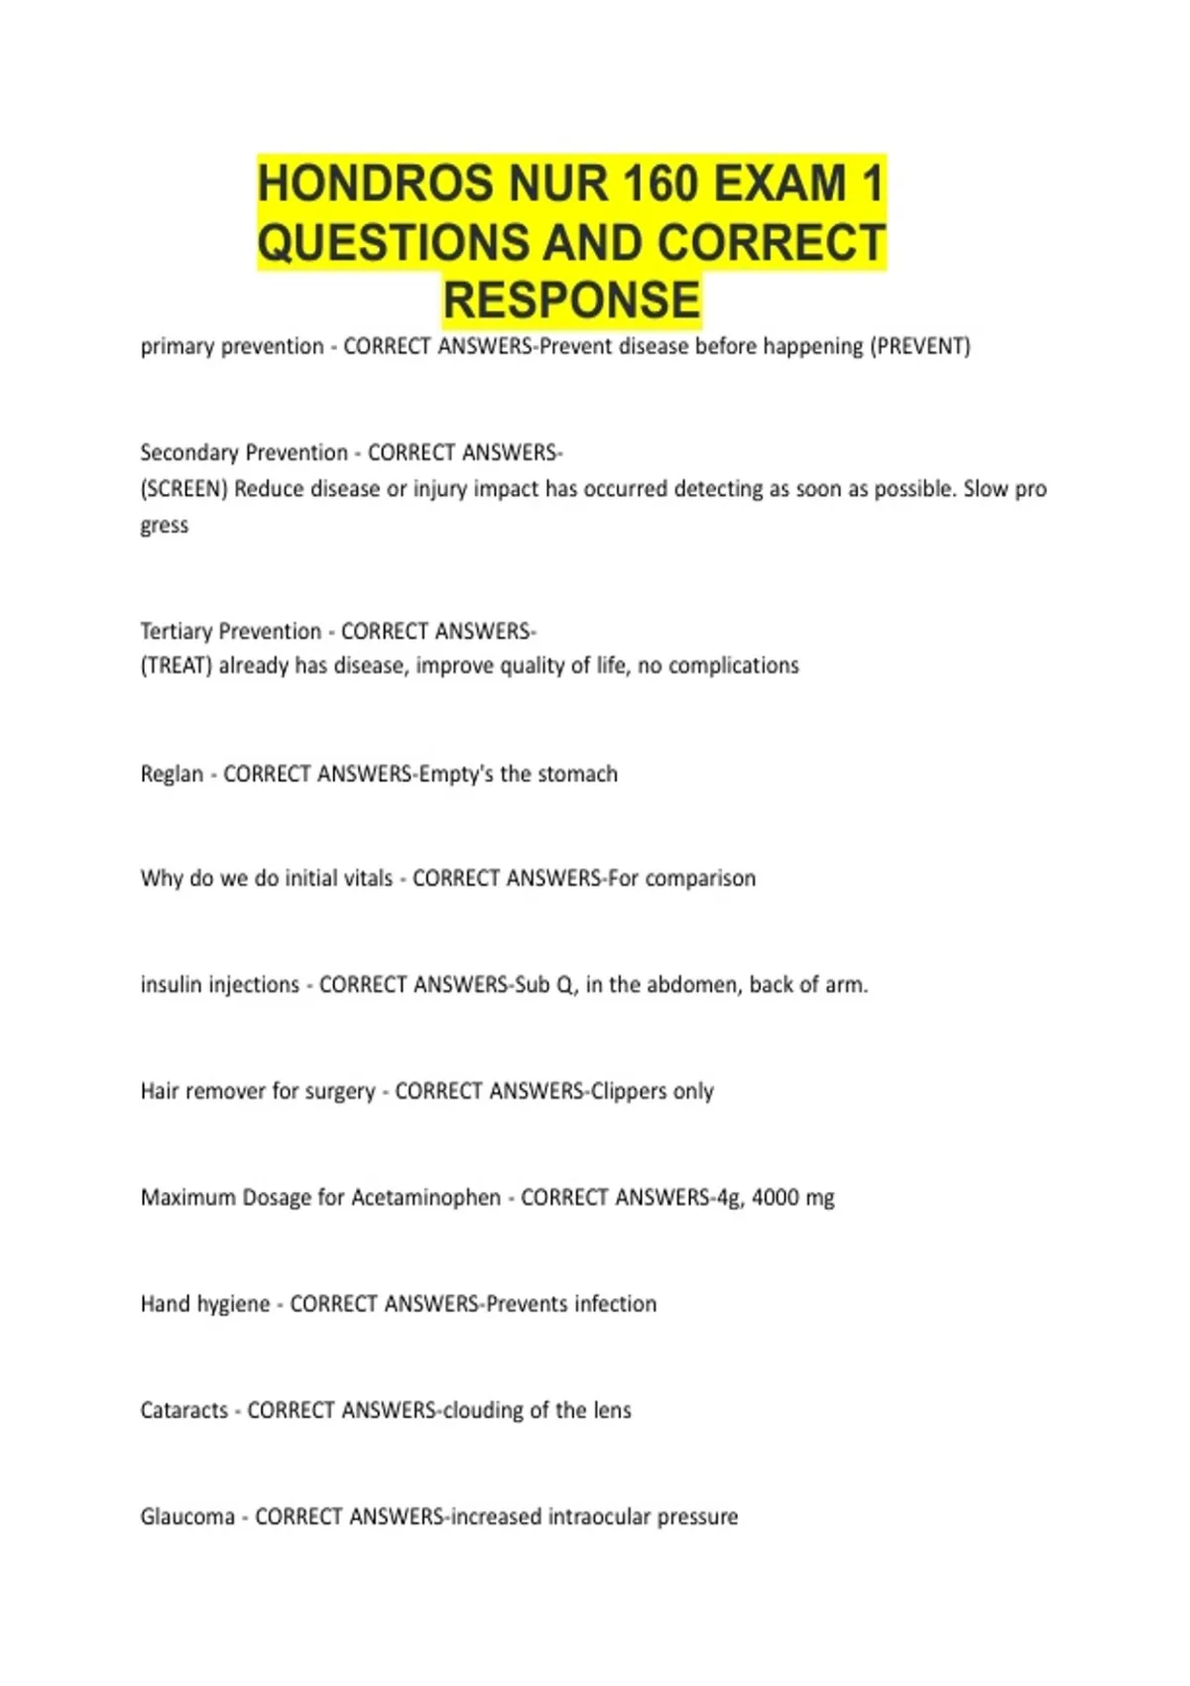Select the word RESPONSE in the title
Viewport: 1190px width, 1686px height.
click(x=571, y=301)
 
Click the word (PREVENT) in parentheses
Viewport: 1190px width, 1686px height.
click(x=919, y=347)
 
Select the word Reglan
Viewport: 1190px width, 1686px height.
click(x=172, y=774)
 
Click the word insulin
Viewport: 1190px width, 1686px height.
click(x=171, y=985)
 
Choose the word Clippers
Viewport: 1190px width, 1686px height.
click(x=629, y=1091)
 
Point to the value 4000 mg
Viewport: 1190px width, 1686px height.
click(x=793, y=1197)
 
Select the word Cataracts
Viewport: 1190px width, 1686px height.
click(x=184, y=1410)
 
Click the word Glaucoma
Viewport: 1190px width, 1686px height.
click(x=187, y=1516)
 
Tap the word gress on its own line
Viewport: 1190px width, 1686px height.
click(x=165, y=526)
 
